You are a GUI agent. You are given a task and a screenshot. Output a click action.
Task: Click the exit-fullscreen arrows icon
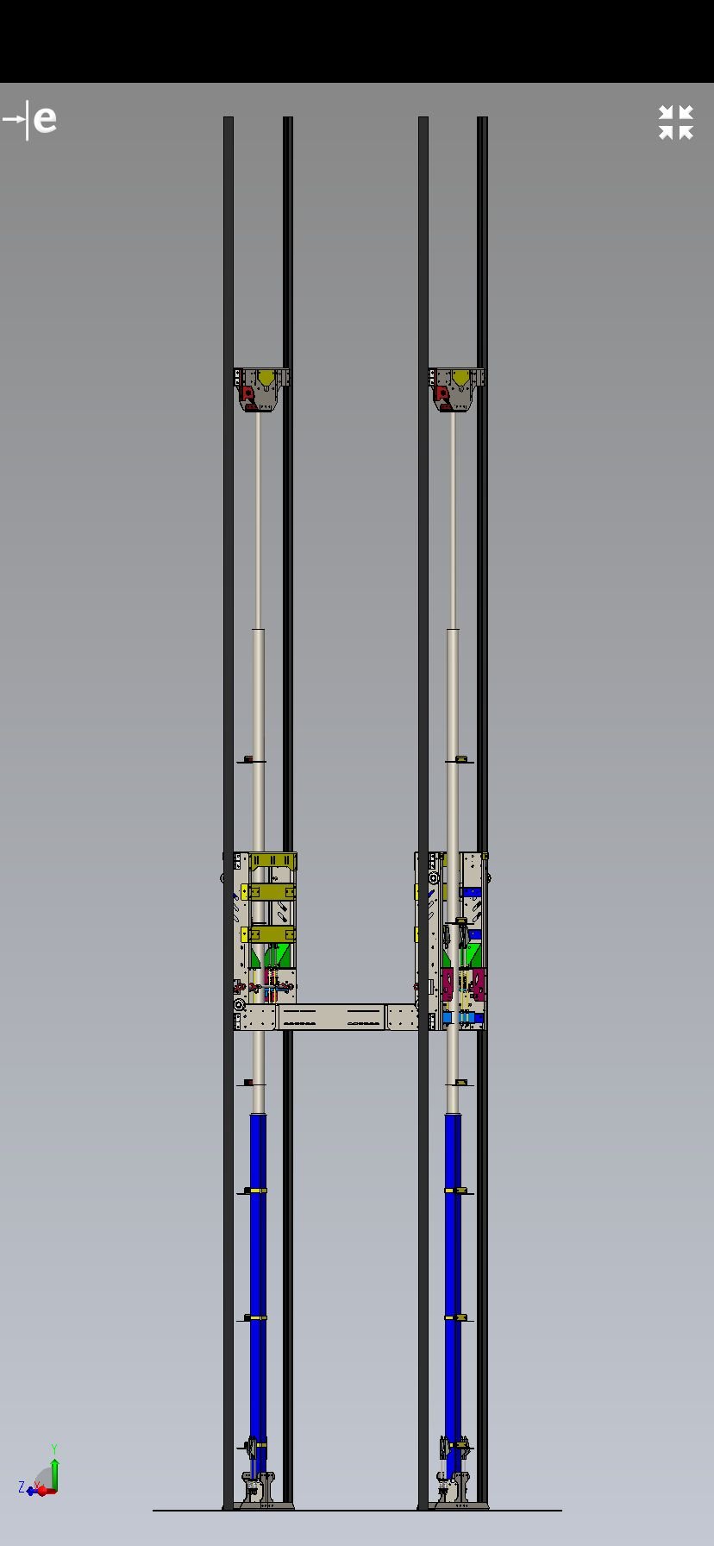[676, 123]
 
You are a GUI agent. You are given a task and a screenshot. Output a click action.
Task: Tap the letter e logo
[44, 119]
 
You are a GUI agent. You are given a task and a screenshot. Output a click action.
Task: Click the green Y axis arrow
[54, 1474]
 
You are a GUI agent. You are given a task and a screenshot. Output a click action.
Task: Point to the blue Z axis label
[22, 1487]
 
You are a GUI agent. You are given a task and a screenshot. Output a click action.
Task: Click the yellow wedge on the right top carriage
[462, 377]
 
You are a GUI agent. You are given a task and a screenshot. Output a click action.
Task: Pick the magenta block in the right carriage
[464, 984]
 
